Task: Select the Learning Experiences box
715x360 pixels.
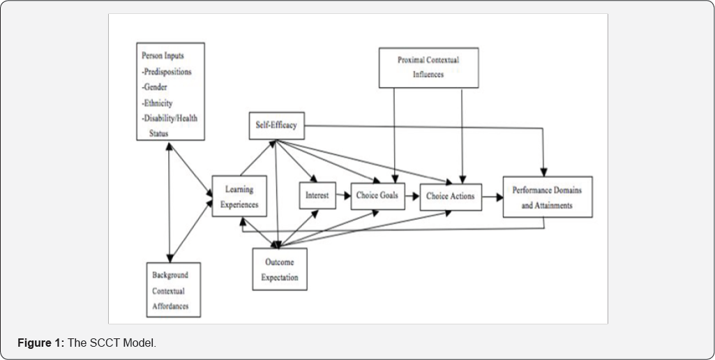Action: tap(239, 197)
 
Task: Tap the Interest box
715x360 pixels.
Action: tap(317, 196)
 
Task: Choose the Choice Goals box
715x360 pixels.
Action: tap(377, 196)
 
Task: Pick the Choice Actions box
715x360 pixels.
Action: tap(450, 197)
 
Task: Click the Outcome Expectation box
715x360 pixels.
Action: tap(280, 269)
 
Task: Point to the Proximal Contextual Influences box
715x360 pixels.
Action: tap(428, 67)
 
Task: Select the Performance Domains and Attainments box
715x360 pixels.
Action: tap(547, 197)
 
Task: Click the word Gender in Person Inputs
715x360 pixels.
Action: tap(157, 87)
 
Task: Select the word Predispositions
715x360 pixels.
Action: tap(167, 72)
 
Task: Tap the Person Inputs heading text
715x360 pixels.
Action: tap(165, 56)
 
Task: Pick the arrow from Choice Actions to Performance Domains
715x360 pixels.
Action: tap(492, 197)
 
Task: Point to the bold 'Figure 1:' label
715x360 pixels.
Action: tap(44, 343)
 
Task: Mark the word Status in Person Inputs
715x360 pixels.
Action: tap(159, 133)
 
